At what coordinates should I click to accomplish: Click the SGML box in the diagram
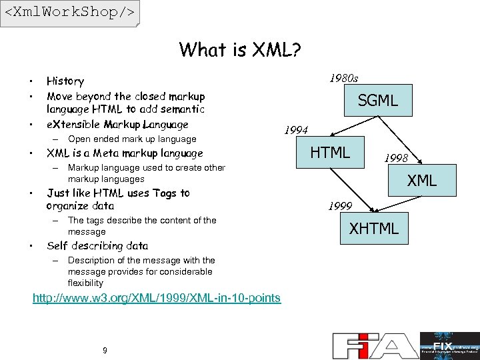(x=377, y=101)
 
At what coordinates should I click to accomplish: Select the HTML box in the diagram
(x=331, y=153)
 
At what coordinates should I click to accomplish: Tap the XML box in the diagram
(x=422, y=180)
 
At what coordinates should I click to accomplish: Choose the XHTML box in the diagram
(x=374, y=229)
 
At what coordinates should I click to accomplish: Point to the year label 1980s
(x=344, y=79)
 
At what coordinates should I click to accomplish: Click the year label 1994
(x=296, y=129)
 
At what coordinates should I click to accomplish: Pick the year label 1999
(x=340, y=207)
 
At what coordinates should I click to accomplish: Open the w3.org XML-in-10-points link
(x=157, y=297)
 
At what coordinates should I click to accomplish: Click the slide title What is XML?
(x=240, y=50)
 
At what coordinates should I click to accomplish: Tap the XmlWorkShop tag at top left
(x=69, y=13)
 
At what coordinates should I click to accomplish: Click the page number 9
(x=105, y=351)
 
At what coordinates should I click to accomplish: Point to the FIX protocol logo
(x=449, y=345)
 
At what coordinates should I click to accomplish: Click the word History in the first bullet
(x=65, y=81)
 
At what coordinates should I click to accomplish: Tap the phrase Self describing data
(x=97, y=245)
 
